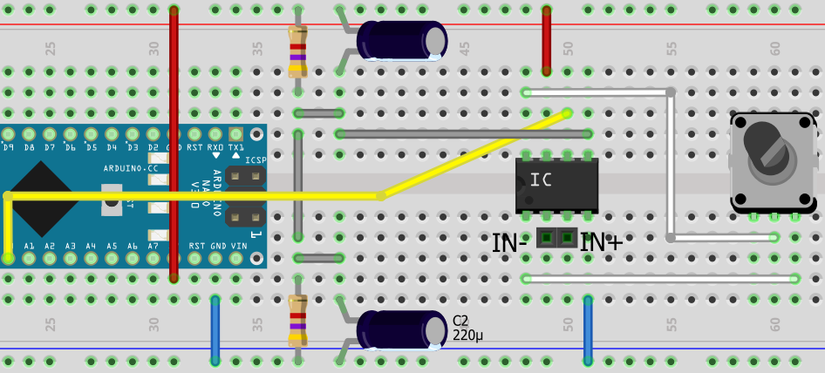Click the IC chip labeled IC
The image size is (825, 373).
point(556,184)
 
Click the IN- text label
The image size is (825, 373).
point(509,243)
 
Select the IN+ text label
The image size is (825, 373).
point(602,243)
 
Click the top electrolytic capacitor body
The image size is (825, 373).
point(401,41)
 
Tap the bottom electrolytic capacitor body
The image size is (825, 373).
point(401,331)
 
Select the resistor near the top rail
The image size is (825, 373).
point(297,51)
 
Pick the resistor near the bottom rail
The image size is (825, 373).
point(297,321)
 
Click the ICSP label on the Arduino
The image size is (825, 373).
point(256,160)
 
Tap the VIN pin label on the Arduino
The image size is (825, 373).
point(238,247)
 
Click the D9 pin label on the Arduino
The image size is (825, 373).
point(9,148)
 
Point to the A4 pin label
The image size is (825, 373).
point(91,247)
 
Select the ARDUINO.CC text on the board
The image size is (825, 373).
point(131,167)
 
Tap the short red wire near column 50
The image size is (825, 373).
point(547,41)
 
